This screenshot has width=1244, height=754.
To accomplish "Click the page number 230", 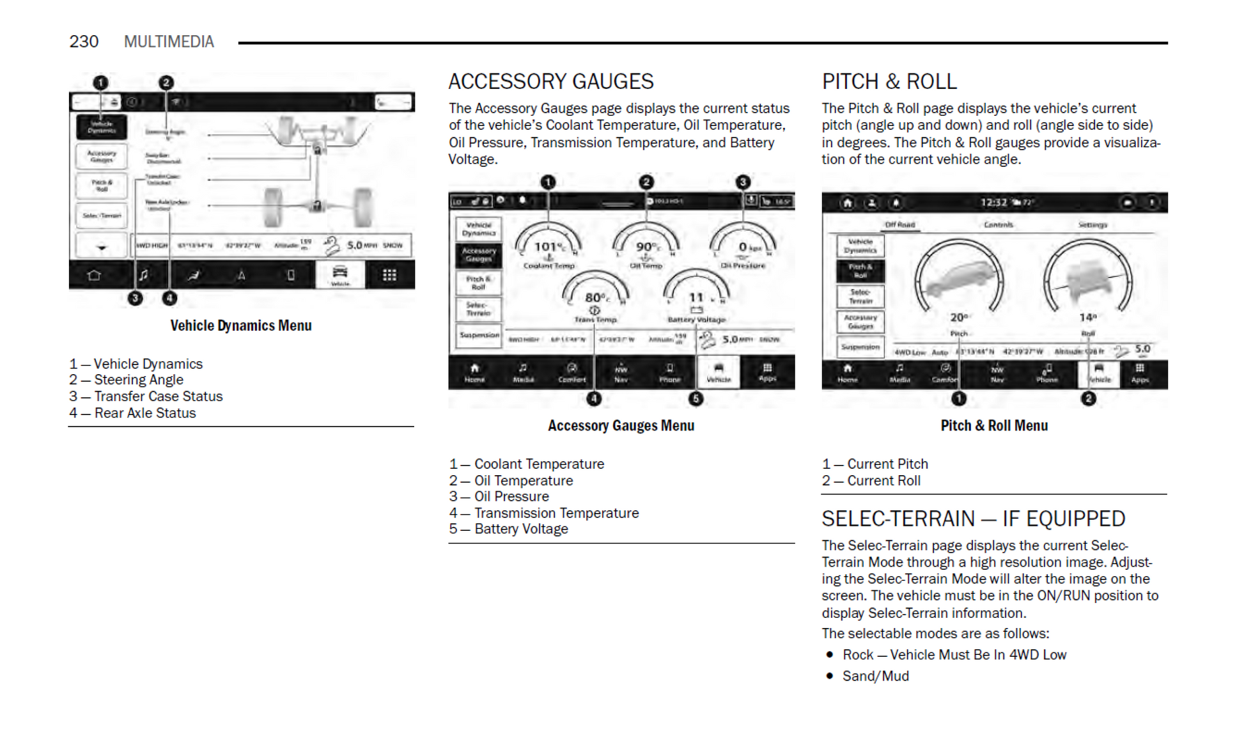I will (x=84, y=42).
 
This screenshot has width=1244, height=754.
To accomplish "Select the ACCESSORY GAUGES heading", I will (x=550, y=82).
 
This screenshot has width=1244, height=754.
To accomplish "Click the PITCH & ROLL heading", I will (x=889, y=82).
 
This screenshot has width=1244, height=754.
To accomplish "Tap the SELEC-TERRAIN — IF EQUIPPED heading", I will (x=972, y=519).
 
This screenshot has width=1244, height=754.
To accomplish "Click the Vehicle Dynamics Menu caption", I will (x=240, y=326).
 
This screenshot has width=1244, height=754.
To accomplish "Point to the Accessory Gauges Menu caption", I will (x=621, y=426).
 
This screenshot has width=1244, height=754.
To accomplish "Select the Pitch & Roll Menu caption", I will (x=993, y=426).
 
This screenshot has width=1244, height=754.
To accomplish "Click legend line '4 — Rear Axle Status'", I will (x=132, y=413).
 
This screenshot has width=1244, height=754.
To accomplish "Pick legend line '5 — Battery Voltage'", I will (x=508, y=529).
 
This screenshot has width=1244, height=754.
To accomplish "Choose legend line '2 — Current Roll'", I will (x=871, y=480).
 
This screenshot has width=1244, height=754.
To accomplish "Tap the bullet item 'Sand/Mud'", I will (x=875, y=676).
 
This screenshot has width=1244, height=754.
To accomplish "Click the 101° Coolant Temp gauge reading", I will (x=548, y=247).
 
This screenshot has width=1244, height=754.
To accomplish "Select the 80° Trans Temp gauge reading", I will (x=596, y=297).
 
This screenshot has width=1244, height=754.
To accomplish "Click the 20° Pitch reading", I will (x=959, y=317).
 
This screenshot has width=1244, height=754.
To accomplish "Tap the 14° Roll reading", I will (x=1087, y=317).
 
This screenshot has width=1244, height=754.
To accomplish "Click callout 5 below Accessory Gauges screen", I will (x=696, y=399).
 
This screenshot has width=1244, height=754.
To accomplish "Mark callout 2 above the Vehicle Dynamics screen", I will (x=166, y=82).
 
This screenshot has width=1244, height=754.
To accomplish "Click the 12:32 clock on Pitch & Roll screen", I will (x=993, y=203).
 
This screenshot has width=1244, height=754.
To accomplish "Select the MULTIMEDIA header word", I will (x=169, y=42).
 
